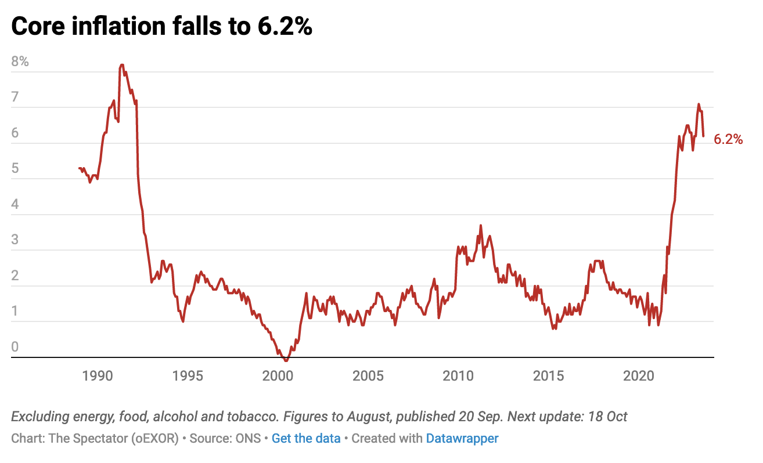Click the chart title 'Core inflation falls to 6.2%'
tap(161, 27)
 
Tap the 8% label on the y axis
tap(20, 62)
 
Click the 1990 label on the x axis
tap(96, 375)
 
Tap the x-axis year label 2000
tap(278, 375)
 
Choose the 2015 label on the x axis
tap(549, 375)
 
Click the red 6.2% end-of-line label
tap(728, 139)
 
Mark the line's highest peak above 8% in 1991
tap(122, 65)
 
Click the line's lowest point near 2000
tap(286, 360)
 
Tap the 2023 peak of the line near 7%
tap(699, 104)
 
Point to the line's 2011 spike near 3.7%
tap(481, 225)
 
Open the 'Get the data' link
tap(306, 438)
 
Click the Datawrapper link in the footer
tap(462, 438)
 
